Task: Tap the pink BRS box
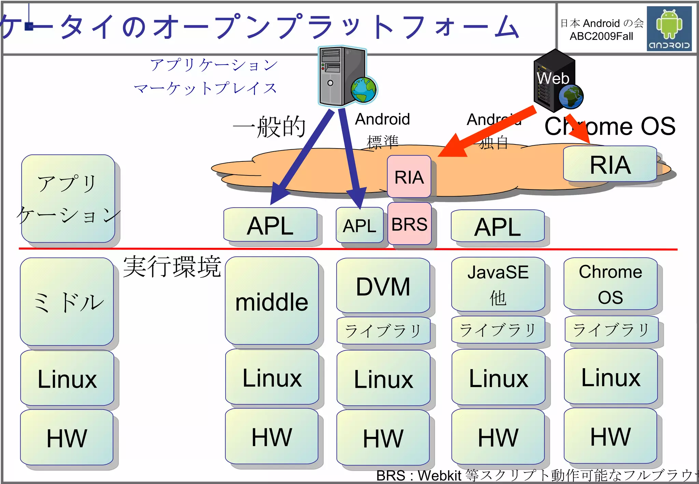(409, 224)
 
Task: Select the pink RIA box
(409, 176)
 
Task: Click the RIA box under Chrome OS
(610, 164)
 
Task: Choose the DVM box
(383, 286)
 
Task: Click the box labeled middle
(272, 301)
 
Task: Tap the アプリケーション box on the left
(68, 199)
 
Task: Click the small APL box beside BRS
(359, 225)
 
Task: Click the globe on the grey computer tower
(364, 90)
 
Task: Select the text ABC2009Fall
(601, 36)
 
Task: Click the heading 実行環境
(172, 267)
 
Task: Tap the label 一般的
(269, 127)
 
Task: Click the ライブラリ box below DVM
(383, 330)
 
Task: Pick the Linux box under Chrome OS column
(611, 377)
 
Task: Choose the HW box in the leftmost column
(67, 438)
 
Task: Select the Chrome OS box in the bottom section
(610, 284)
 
